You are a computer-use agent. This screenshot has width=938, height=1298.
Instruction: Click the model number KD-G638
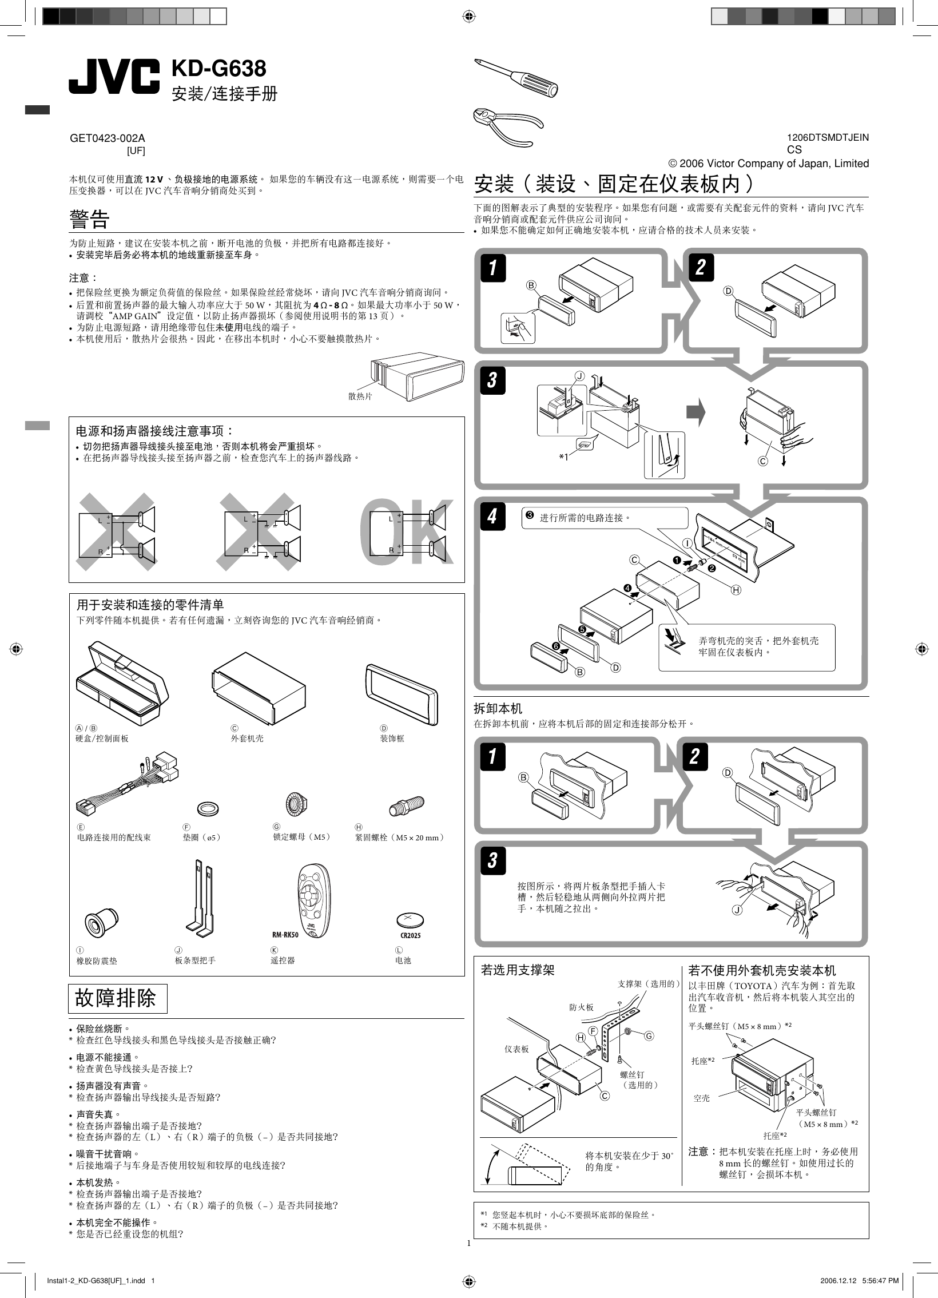[x=218, y=69]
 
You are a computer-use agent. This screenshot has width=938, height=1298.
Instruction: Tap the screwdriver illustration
[x=516, y=77]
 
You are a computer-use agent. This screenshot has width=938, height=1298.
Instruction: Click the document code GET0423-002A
[x=107, y=138]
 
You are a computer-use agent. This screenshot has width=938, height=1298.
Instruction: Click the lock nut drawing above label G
[x=296, y=805]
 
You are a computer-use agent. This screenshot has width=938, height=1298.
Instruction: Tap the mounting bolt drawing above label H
[x=406, y=807]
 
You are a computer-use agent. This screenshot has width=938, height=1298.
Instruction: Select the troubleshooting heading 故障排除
[x=116, y=998]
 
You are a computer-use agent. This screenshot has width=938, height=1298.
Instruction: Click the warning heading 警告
[x=89, y=219]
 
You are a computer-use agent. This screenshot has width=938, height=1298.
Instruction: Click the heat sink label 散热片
[x=360, y=396]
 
